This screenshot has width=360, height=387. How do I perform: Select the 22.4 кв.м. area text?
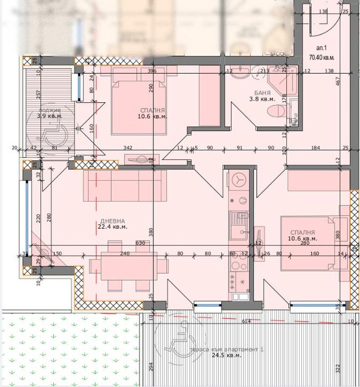113,227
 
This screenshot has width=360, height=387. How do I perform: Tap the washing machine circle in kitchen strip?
240,180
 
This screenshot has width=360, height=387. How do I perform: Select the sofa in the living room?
125,185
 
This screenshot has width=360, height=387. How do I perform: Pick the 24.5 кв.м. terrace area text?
228,355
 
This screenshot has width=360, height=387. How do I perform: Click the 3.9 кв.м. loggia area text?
49,116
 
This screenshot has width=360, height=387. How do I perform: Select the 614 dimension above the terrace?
246,322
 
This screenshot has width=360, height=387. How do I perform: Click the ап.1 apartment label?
321,49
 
